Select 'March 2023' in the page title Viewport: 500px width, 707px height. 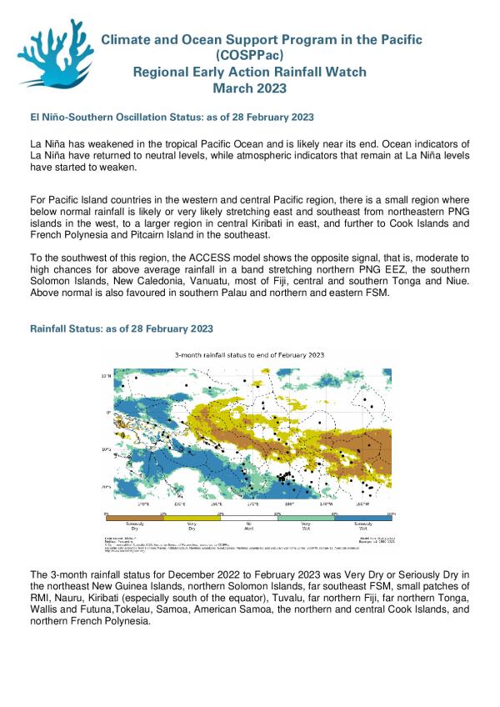click(249, 88)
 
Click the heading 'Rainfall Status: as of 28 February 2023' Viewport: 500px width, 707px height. click(121, 329)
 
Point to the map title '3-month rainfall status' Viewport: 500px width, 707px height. click(249, 354)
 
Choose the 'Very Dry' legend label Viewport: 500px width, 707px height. click(193, 526)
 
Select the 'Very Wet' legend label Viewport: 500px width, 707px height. click(307, 526)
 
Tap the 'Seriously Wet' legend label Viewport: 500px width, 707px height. click(364, 526)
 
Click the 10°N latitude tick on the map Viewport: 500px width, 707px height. click(107, 376)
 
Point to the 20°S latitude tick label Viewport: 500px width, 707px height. click(107, 486)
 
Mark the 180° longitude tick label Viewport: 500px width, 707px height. click(289, 504)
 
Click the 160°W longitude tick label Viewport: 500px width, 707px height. click(362, 504)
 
